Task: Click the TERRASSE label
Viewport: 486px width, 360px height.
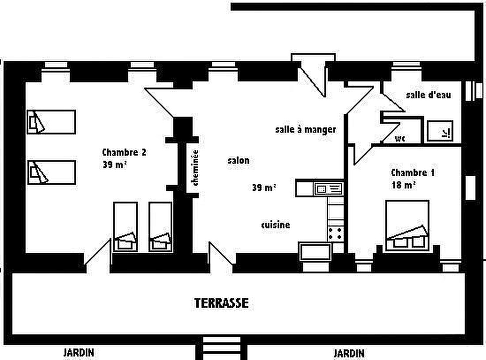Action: [221, 303]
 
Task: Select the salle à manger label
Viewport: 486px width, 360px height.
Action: [306, 130]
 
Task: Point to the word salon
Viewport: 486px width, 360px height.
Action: [238, 161]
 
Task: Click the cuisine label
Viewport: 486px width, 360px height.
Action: [276, 225]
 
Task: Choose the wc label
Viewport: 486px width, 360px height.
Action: [400, 138]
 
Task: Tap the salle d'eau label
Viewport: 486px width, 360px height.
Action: [428, 95]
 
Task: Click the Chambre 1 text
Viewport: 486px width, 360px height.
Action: [412, 173]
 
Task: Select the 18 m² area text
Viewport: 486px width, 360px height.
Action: [403, 185]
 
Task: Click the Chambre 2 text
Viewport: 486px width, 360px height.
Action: [124, 152]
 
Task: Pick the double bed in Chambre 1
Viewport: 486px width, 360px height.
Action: [407, 225]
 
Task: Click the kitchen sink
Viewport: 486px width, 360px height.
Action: [328, 189]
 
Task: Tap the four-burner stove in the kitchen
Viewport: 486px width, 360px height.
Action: [335, 234]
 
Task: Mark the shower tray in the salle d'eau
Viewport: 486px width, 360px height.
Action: [440, 131]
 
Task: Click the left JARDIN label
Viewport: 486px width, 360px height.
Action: [79, 353]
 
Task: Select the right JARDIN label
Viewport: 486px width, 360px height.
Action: [349, 353]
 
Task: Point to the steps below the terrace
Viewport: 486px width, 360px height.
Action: [221, 349]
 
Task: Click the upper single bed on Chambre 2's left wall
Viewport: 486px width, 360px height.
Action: [51, 122]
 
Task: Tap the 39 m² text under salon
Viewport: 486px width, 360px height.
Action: [264, 188]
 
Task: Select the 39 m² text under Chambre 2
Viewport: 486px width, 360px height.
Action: [115, 164]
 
